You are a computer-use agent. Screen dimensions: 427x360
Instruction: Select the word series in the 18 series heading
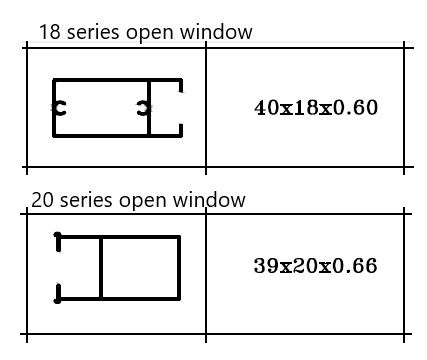tap(92, 33)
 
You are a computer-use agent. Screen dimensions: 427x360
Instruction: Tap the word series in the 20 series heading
tap(84, 200)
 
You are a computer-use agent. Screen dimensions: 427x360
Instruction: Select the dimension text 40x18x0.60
tap(316, 108)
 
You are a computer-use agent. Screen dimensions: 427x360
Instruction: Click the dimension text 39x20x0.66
tap(315, 266)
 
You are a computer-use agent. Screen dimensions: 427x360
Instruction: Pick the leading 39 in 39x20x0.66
tap(265, 266)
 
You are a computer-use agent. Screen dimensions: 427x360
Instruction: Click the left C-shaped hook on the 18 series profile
tap(59, 107)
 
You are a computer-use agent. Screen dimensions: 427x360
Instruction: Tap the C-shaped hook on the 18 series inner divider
tap(144, 107)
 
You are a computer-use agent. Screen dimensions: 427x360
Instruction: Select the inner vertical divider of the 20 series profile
tap(101, 268)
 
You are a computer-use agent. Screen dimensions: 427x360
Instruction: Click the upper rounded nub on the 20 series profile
tap(58, 239)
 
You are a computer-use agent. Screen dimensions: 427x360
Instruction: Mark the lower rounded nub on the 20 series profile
tap(58, 294)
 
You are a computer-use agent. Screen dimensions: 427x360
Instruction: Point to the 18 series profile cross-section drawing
tap(117, 107)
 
